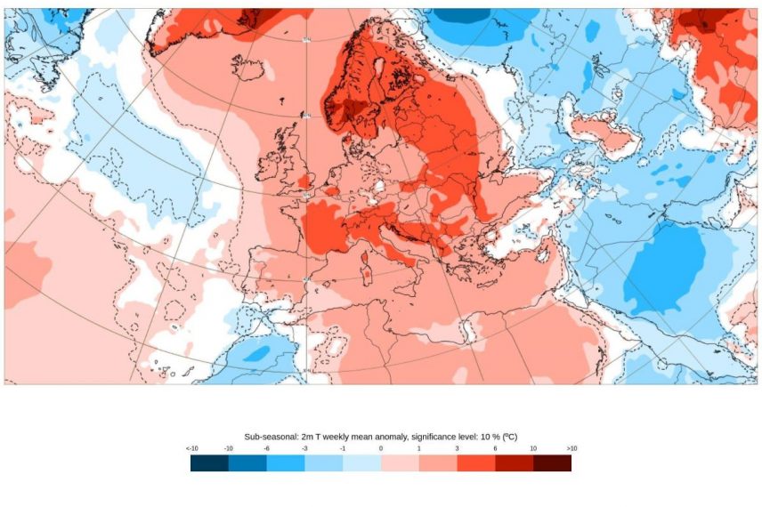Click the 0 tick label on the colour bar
point(381,449)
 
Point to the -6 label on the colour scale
point(267,449)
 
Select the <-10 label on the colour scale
point(191,449)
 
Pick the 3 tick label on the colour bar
point(457,449)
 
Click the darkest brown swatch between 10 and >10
point(552,463)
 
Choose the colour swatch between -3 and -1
point(324,463)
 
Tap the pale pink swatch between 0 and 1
point(400,463)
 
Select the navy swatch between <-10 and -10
point(209,463)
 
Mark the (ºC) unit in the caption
point(508,437)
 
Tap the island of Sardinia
point(366,265)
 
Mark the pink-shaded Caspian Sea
point(607,133)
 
